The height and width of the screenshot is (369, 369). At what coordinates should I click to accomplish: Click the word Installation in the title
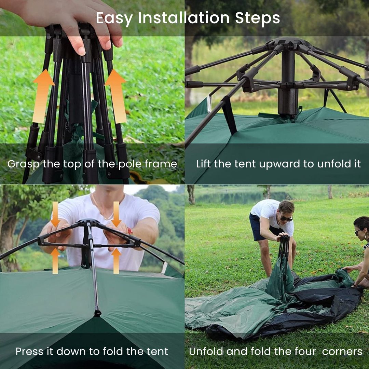click(183, 18)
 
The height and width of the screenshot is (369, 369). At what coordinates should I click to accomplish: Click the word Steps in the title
click(258, 18)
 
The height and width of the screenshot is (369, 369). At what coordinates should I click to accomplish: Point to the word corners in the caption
click(342, 352)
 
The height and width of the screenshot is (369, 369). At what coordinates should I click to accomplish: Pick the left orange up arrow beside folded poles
click(43, 96)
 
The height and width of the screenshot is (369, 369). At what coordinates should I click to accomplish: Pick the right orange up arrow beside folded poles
click(117, 96)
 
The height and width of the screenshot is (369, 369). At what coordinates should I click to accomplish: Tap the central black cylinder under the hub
click(288, 82)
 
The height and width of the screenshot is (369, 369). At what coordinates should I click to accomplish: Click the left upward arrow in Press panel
click(55, 261)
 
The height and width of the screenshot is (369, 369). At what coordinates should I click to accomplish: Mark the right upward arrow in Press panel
click(116, 261)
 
